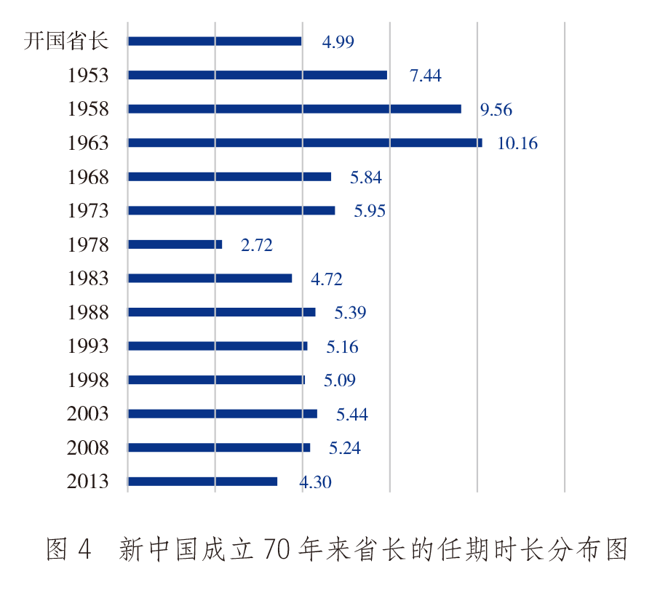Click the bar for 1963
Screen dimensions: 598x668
(x=304, y=143)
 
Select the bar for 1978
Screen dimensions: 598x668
(x=175, y=244)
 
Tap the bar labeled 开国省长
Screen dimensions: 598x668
(x=214, y=41)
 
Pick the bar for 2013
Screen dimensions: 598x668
(x=202, y=482)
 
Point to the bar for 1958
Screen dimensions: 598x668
(x=294, y=109)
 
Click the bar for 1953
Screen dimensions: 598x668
(x=257, y=75)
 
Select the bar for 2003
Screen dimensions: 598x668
(x=222, y=414)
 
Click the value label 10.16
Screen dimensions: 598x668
(x=517, y=143)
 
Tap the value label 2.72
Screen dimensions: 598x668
(x=257, y=245)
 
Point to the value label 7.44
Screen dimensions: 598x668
(x=426, y=76)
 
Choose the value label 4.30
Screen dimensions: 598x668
(x=315, y=482)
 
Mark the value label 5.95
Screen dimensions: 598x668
(x=370, y=211)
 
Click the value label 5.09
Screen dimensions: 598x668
(x=340, y=380)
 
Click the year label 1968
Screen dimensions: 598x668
(x=87, y=177)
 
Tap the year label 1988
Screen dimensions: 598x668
(x=87, y=313)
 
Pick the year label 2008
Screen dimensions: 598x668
(x=87, y=448)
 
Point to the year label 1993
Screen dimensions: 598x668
(x=87, y=346)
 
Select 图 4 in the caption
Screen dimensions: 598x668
(x=68, y=549)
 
